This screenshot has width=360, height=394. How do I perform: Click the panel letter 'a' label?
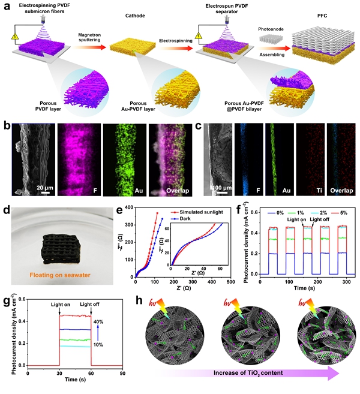click(6, 5)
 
